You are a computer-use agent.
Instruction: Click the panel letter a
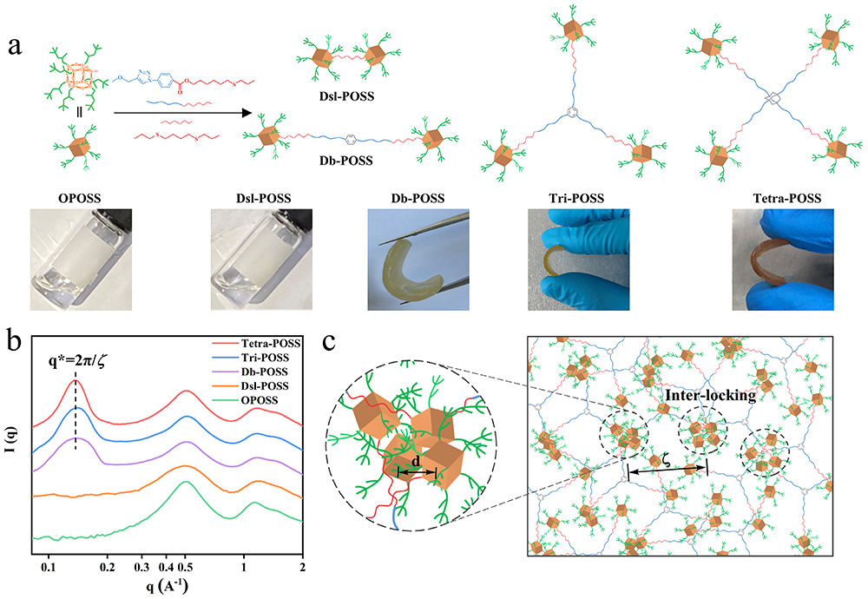[x=16, y=46]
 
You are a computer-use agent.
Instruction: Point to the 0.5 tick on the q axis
[x=184, y=563]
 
